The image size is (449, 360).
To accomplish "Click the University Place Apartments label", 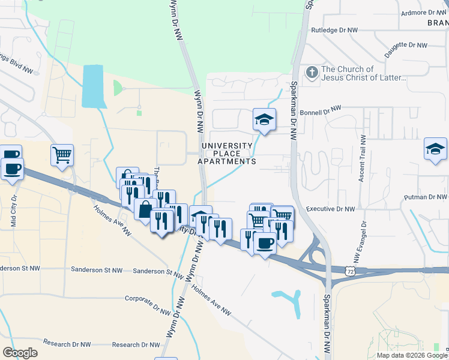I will click(228, 154).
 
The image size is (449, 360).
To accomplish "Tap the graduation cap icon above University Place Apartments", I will click(264, 119).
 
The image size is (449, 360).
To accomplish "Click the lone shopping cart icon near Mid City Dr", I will click(62, 155).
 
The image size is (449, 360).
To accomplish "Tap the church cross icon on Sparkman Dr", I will click(312, 73).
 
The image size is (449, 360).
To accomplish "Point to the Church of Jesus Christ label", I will click(364, 73).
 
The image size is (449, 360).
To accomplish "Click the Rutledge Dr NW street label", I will click(334, 29).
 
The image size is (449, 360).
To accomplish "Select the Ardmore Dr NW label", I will click(424, 12).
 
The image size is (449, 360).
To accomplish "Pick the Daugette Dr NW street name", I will click(405, 49).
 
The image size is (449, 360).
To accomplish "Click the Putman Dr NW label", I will click(427, 197).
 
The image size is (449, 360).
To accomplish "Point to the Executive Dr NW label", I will click(330, 209).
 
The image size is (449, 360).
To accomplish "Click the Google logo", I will click(20, 352).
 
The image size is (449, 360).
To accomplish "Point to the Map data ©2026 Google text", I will click(412, 355).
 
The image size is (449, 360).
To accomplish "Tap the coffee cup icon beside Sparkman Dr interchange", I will click(265, 242).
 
